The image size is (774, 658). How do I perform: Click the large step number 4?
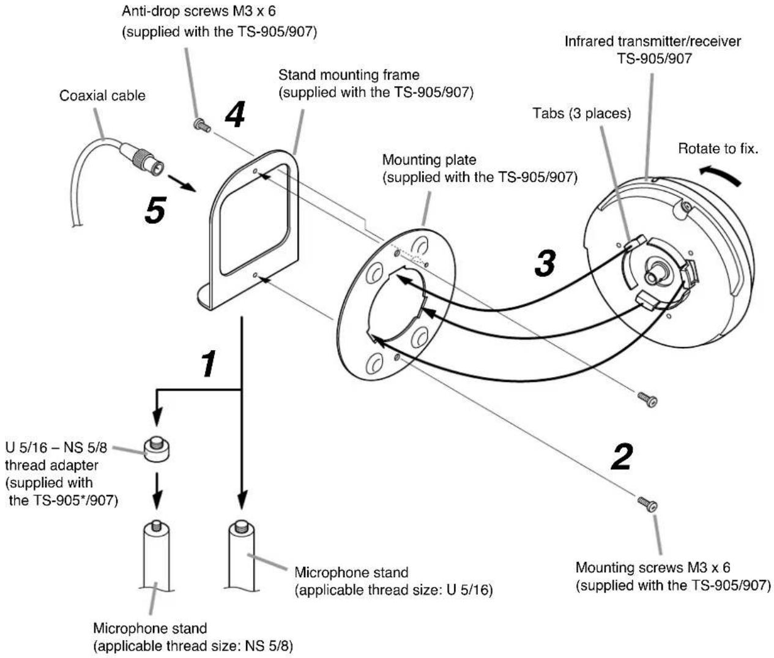235,114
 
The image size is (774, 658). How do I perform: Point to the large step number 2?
622,456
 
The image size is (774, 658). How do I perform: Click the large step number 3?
545,263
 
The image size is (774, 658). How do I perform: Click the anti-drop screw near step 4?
202,125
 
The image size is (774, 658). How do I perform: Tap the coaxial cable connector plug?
143,160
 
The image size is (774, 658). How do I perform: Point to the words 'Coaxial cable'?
102,95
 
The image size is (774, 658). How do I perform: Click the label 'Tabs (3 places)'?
581,113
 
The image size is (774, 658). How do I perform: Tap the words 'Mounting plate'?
429,160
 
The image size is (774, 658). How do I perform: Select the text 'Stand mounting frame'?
349,75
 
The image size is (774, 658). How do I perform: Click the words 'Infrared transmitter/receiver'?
653,42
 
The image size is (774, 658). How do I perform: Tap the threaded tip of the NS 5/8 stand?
157,526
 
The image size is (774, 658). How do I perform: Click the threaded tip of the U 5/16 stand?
242,526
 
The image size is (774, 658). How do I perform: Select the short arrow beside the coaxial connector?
182,183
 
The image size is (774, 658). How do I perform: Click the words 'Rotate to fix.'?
718,149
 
